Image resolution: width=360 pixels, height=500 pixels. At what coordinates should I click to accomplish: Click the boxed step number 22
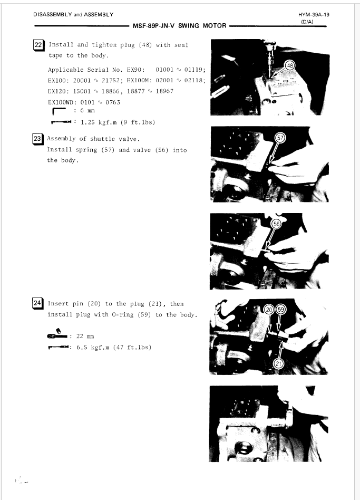coord(38,45)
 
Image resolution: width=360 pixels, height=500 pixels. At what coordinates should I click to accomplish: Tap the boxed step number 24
coord(37,303)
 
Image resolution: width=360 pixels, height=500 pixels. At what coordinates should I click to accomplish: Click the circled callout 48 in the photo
coord(290,66)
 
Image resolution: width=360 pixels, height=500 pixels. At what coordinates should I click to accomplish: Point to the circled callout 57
coord(280,138)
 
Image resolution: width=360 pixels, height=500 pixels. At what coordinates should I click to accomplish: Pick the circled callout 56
coord(276,224)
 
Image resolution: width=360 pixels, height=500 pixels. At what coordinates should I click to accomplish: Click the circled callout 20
coord(269,310)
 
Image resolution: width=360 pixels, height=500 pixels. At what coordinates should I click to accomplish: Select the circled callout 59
coord(280,310)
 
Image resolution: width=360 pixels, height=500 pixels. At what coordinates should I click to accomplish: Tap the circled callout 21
coord(278,363)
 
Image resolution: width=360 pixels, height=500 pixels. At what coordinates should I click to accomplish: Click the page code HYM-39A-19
coord(314,15)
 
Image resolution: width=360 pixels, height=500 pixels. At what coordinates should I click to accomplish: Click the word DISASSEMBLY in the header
coord(53,15)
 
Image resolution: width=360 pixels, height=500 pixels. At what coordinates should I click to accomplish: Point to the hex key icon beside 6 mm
coord(59,111)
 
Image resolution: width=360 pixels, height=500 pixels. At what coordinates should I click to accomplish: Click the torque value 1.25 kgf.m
coord(99,122)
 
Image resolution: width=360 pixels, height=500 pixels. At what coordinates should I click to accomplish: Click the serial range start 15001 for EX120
coord(82,91)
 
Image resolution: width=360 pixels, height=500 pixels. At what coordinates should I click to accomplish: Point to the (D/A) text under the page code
coord(307,22)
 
